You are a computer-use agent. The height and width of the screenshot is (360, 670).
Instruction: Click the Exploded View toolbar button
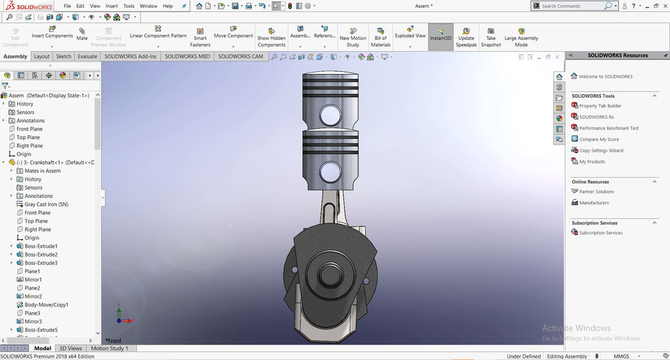tap(410, 35)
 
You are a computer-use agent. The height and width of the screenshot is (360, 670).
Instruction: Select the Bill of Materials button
tap(380, 38)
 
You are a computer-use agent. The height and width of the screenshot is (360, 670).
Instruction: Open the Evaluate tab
tap(87, 57)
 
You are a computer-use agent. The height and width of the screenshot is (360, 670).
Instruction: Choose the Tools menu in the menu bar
tap(128, 6)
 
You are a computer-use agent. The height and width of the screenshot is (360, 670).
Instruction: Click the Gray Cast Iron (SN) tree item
tap(46, 204)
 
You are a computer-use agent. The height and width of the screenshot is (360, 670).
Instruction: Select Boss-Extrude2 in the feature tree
tap(40, 255)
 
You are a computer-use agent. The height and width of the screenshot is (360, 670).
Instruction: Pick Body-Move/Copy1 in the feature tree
tap(46, 305)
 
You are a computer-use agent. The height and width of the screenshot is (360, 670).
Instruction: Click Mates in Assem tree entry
tap(42, 171)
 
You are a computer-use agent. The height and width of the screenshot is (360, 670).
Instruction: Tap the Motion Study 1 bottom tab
tap(110, 348)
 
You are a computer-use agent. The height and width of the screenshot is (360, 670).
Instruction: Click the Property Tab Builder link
tap(600, 106)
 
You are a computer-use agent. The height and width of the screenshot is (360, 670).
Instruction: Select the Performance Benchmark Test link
tap(609, 128)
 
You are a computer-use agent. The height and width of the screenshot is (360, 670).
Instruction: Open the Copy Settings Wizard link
tap(601, 151)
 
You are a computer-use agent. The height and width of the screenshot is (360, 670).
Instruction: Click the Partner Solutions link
tap(597, 192)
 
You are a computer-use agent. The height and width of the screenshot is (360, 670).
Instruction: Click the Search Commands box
tap(572, 6)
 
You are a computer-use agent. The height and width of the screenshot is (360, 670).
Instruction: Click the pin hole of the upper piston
tap(331, 114)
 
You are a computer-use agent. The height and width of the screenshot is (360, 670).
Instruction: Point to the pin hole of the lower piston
tap(331, 171)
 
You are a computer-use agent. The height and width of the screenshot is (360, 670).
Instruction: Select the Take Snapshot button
tap(491, 38)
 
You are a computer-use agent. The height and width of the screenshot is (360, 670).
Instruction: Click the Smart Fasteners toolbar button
tap(200, 38)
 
